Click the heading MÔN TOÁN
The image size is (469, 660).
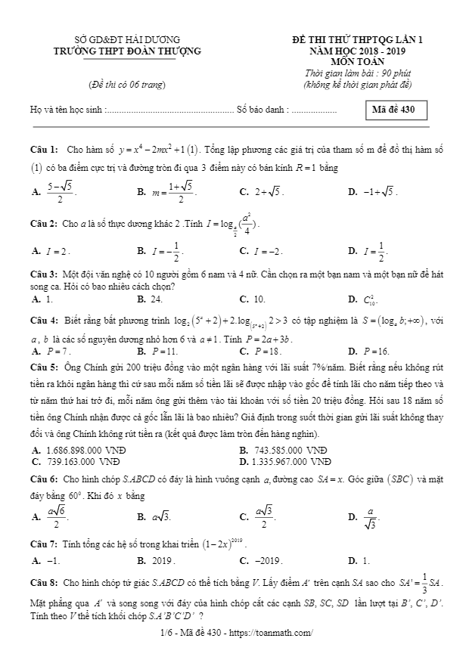pos(358,61)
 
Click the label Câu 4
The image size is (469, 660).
pos(44,321)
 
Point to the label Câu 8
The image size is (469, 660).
pos(44,584)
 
